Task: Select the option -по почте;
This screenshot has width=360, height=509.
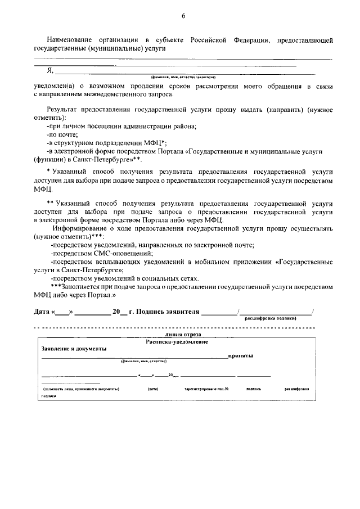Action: (x=62, y=134)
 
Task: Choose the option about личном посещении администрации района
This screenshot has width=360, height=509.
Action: (x=121, y=126)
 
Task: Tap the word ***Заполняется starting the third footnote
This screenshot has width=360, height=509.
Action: (x=76, y=286)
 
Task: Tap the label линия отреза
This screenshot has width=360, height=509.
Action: (x=176, y=334)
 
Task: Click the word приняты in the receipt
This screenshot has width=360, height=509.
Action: (x=240, y=355)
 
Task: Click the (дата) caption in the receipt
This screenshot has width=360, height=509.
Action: (x=152, y=389)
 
